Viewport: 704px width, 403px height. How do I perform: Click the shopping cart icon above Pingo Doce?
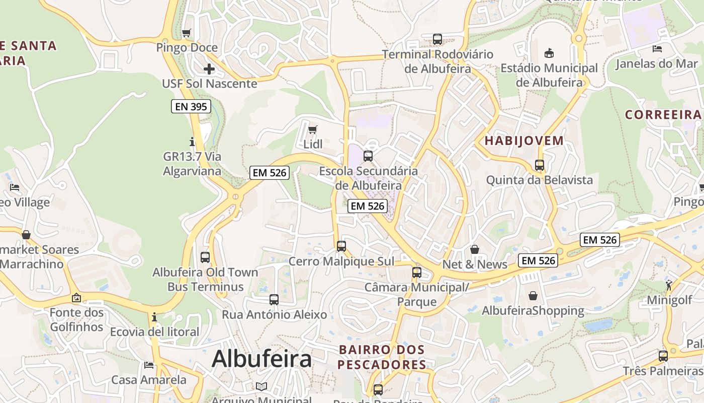(187, 33)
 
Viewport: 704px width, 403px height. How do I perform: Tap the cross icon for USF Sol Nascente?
(209, 69)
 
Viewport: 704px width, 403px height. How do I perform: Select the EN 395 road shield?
(191, 106)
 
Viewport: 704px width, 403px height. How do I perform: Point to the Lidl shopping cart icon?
(313, 130)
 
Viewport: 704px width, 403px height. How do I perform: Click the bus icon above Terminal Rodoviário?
(437, 39)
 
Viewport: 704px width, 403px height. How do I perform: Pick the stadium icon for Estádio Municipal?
(549, 53)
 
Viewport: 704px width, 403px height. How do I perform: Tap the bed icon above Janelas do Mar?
(657, 49)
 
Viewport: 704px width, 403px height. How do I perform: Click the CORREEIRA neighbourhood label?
(663, 115)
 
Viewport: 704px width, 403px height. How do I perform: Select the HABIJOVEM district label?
(524, 141)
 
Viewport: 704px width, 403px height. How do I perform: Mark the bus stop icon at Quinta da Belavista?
(540, 165)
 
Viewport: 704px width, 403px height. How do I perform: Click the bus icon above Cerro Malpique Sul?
(341, 246)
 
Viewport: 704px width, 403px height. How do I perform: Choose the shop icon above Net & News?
(475, 250)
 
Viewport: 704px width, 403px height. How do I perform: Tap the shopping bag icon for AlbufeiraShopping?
(533, 296)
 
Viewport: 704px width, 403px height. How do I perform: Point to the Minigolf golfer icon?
(669, 286)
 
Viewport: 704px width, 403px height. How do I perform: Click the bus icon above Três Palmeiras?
(663, 356)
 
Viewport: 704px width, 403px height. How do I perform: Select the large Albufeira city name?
(261, 359)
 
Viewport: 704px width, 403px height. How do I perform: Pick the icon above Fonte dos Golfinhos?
(76, 298)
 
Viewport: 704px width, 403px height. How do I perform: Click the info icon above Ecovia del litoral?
(154, 317)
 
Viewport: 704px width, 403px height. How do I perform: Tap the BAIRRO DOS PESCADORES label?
(382, 357)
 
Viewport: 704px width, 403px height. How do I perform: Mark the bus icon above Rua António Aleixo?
(274, 300)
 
